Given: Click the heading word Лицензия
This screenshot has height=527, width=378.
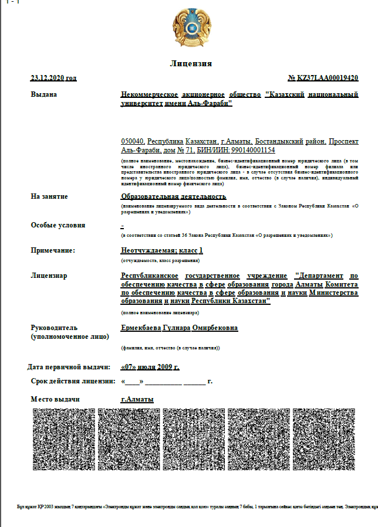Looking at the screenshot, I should (x=191, y=63).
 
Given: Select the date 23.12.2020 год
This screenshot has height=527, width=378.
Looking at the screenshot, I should (x=53, y=78).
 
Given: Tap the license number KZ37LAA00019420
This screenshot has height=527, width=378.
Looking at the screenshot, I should (x=323, y=78).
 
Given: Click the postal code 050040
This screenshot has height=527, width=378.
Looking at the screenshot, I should (x=132, y=142).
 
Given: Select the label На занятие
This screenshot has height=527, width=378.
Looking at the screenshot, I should (x=49, y=196).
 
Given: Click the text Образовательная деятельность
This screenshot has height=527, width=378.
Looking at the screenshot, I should (x=173, y=196).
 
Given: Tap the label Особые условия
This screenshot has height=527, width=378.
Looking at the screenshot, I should (x=58, y=225).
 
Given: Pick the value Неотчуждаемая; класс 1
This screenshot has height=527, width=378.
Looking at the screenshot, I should (x=162, y=250).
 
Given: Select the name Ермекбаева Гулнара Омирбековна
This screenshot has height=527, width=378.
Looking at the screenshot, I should (x=179, y=328).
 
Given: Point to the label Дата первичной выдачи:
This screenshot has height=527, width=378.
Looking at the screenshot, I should (x=69, y=367).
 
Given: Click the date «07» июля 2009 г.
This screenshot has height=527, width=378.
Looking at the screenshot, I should (x=150, y=367).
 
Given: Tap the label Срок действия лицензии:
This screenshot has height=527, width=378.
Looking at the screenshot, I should (x=70, y=381).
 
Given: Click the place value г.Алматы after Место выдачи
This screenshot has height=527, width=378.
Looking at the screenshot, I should (x=137, y=399).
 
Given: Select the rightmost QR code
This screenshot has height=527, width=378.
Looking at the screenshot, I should (x=323, y=438).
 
